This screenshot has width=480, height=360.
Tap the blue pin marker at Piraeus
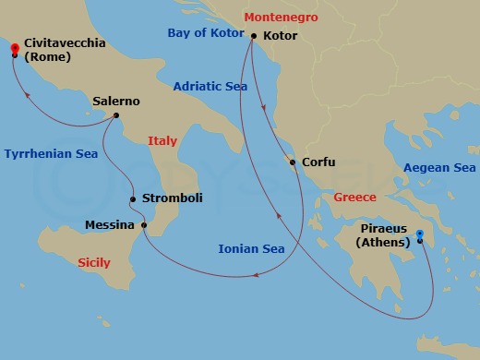tap(420, 234)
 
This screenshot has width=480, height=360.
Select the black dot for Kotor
tap(253, 36)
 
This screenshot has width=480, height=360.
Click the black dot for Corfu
tap(294, 163)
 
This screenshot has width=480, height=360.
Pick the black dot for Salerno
tap(116, 115)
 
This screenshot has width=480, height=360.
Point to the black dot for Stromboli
tap(133, 199)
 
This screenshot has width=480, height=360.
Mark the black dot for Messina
tap(144, 224)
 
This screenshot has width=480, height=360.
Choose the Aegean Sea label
tap(438, 168)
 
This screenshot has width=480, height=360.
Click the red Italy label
tap(162, 141)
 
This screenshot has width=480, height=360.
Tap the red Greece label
tap(354, 198)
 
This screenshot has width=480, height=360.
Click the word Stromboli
tap(172, 198)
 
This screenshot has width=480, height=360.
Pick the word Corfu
tap(318, 162)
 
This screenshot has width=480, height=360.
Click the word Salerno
tap(116, 102)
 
